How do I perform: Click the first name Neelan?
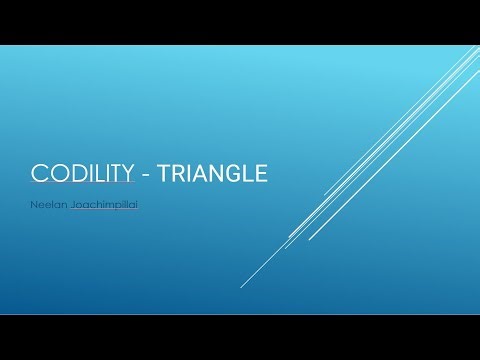(x=50, y=207)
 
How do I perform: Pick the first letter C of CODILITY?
(x=39, y=174)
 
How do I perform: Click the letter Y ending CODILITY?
(x=127, y=174)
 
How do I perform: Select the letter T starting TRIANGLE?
(x=167, y=174)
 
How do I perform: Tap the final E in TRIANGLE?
(x=261, y=174)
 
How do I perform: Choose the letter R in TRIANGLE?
(x=181, y=174)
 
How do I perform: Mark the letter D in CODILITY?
(x=71, y=174)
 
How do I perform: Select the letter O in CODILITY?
(x=54, y=174)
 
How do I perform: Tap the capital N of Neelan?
(x=35, y=207)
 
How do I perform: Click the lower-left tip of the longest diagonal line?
(x=241, y=287)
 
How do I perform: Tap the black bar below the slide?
(x=240, y=337)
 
